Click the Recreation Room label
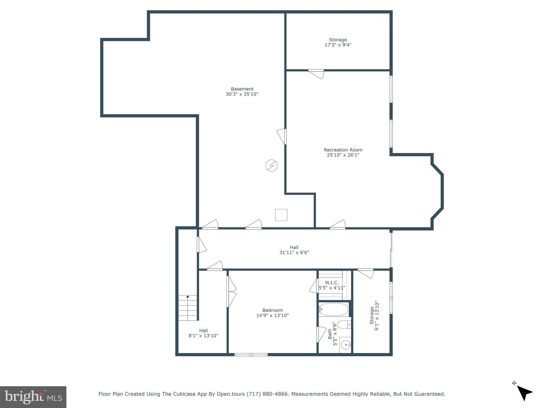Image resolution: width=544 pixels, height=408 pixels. (343, 150)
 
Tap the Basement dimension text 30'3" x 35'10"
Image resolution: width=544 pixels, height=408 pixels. (242, 94)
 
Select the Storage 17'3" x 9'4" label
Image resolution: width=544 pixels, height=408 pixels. (338, 42)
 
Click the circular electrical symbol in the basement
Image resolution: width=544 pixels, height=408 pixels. (271, 165)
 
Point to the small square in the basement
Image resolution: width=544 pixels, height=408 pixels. (281, 215)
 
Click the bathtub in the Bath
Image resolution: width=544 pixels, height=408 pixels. (333, 309)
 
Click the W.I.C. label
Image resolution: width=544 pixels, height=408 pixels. (332, 283)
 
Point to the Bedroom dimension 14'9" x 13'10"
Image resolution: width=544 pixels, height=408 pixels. (273, 315)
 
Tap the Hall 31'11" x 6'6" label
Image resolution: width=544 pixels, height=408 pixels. (294, 250)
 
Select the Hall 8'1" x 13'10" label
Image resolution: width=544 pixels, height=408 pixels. (203, 333)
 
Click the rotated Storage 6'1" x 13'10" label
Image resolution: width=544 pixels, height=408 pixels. (374, 315)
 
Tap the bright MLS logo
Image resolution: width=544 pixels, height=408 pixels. (33, 397)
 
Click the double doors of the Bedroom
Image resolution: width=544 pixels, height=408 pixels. (231, 292)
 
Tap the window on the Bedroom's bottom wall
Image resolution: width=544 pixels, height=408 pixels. (251, 354)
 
